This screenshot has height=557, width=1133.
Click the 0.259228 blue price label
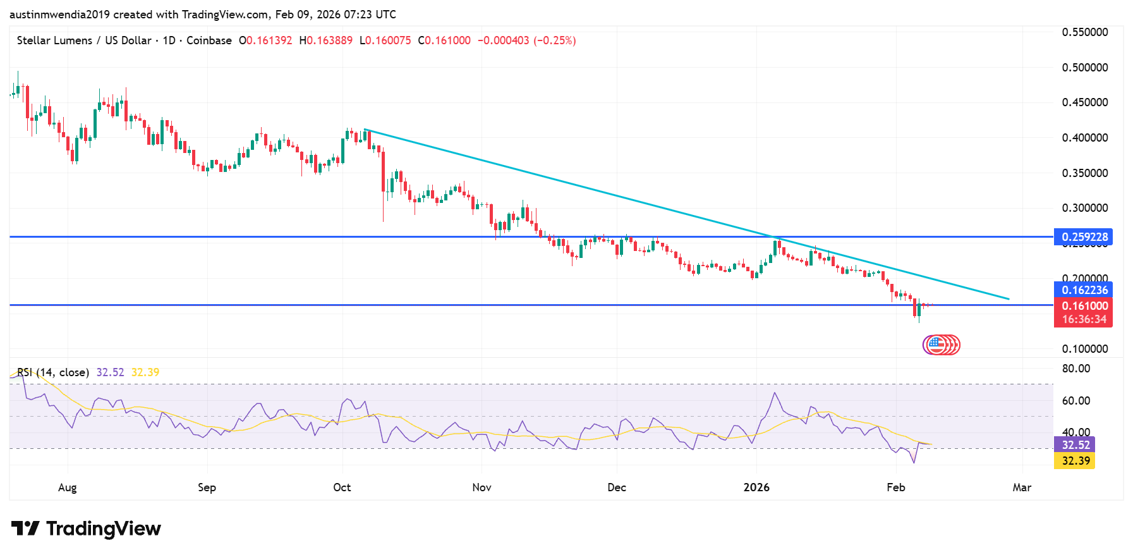1084,237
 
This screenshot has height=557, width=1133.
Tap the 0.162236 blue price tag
1084,290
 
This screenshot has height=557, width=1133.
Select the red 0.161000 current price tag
1084,306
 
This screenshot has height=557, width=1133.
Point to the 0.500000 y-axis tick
1084,68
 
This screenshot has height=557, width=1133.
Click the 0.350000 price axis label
1084,173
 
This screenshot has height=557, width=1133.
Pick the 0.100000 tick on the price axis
1084,349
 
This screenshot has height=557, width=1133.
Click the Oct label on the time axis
342,487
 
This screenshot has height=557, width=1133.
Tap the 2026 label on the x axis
756,487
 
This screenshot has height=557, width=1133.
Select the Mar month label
1022,487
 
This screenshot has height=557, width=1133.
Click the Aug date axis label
67,487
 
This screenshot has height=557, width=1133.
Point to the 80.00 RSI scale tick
1075,369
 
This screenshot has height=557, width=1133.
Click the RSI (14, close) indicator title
53,372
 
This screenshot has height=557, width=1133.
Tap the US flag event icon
935,345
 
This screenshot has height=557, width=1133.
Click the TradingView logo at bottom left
86,529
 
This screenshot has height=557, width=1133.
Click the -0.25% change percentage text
554,40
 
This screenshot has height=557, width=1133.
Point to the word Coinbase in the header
209,40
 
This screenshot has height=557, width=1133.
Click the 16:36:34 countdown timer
1084,319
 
